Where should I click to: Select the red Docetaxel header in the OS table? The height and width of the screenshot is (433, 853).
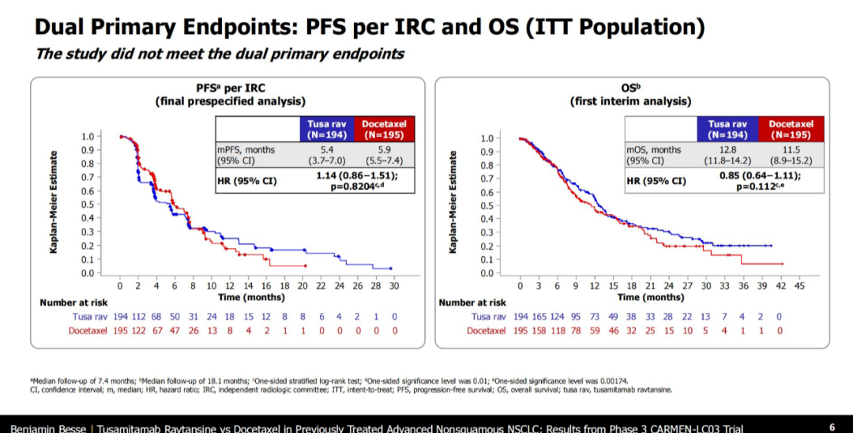(x=791, y=129)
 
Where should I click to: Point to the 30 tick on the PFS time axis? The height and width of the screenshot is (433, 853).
(x=393, y=284)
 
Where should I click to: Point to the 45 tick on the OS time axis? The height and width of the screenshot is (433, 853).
(x=799, y=284)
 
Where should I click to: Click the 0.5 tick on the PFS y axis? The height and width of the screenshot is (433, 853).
(x=87, y=205)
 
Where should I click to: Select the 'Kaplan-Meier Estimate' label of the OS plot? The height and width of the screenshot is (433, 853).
(x=453, y=203)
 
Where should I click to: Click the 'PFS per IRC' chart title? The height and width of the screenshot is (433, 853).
(x=230, y=89)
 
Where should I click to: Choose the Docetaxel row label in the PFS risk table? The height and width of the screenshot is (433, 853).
(x=85, y=330)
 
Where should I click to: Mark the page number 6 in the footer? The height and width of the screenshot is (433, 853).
(x=832, y=426)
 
